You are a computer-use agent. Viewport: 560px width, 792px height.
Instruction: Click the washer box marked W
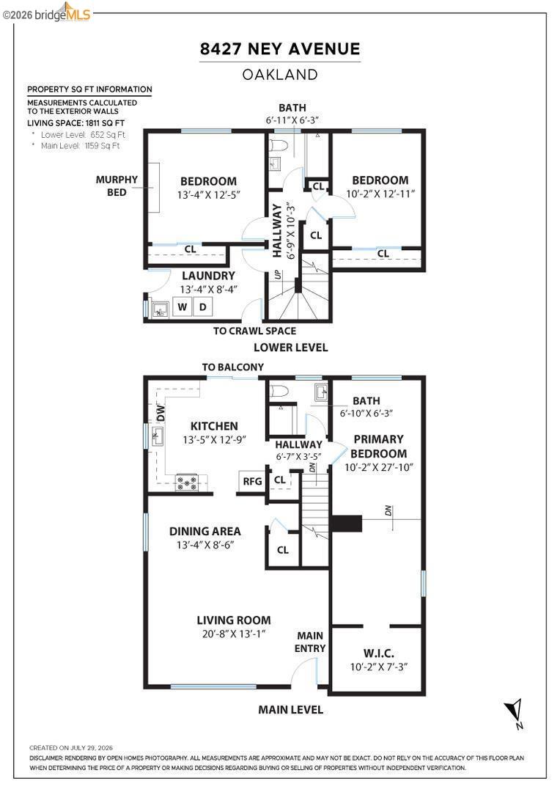click(x=182, y=307)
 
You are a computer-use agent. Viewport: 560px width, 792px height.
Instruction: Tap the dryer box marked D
click(x=202, y=307)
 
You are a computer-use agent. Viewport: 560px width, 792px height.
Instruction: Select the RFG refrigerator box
click(x=252, y=481)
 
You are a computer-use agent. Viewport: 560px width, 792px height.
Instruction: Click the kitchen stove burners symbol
click(x=186, y=483)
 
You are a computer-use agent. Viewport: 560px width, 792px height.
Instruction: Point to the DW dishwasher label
click(x=161, y=413)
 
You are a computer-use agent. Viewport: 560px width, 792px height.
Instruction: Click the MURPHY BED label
click(x=117, y=186)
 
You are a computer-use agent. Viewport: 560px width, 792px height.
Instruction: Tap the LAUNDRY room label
click(x=209, y=276)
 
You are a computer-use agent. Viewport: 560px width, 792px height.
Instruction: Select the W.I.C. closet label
click(x=379, y=653)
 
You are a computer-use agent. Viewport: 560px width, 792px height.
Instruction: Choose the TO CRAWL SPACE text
click(x=254, y=331)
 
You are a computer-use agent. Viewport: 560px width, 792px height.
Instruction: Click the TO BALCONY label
click(x=233, y=367)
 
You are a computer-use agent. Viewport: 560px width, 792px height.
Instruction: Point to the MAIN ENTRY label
click(x=310, y=642)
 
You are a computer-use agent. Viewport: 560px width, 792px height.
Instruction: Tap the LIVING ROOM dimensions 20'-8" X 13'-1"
click(x=234, y=634)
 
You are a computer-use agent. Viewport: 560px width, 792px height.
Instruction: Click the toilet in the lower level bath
click(x=279, y=145)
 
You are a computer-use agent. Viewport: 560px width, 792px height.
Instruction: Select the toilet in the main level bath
click(x=279, y=391)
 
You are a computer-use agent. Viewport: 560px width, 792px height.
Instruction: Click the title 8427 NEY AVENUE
click(x=280, y=49)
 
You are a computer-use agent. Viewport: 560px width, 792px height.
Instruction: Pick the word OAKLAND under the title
click(x=280, y=75)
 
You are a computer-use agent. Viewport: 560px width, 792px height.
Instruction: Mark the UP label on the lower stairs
click(x=277, y=275)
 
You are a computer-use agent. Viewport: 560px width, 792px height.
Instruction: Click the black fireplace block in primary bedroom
click(x=347, y=524)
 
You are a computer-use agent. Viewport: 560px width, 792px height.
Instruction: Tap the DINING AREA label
click(x=205, y=532)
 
